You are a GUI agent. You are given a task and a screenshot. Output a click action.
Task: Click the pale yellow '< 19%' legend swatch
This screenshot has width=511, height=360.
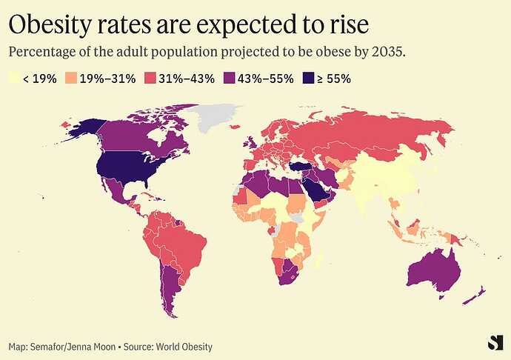[x=13, y=78]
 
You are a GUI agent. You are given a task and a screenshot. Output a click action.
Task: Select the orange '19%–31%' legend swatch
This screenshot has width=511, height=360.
[x=72, y=78]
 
